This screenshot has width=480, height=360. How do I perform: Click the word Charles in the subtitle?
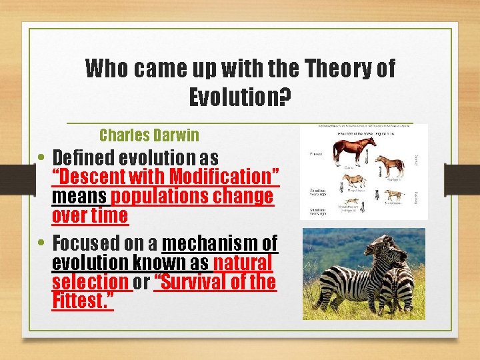pyautogui.click(x=123, y=135)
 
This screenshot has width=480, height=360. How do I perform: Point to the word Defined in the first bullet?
pyautogui.click(x=85, y=158)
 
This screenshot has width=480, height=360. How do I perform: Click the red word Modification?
pyautogui.click(x=225, y=177)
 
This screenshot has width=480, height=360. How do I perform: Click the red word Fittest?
pyautogui.click(x=82, y=301)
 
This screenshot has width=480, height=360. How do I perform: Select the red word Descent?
pyautogui.click(x=86, y=177)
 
